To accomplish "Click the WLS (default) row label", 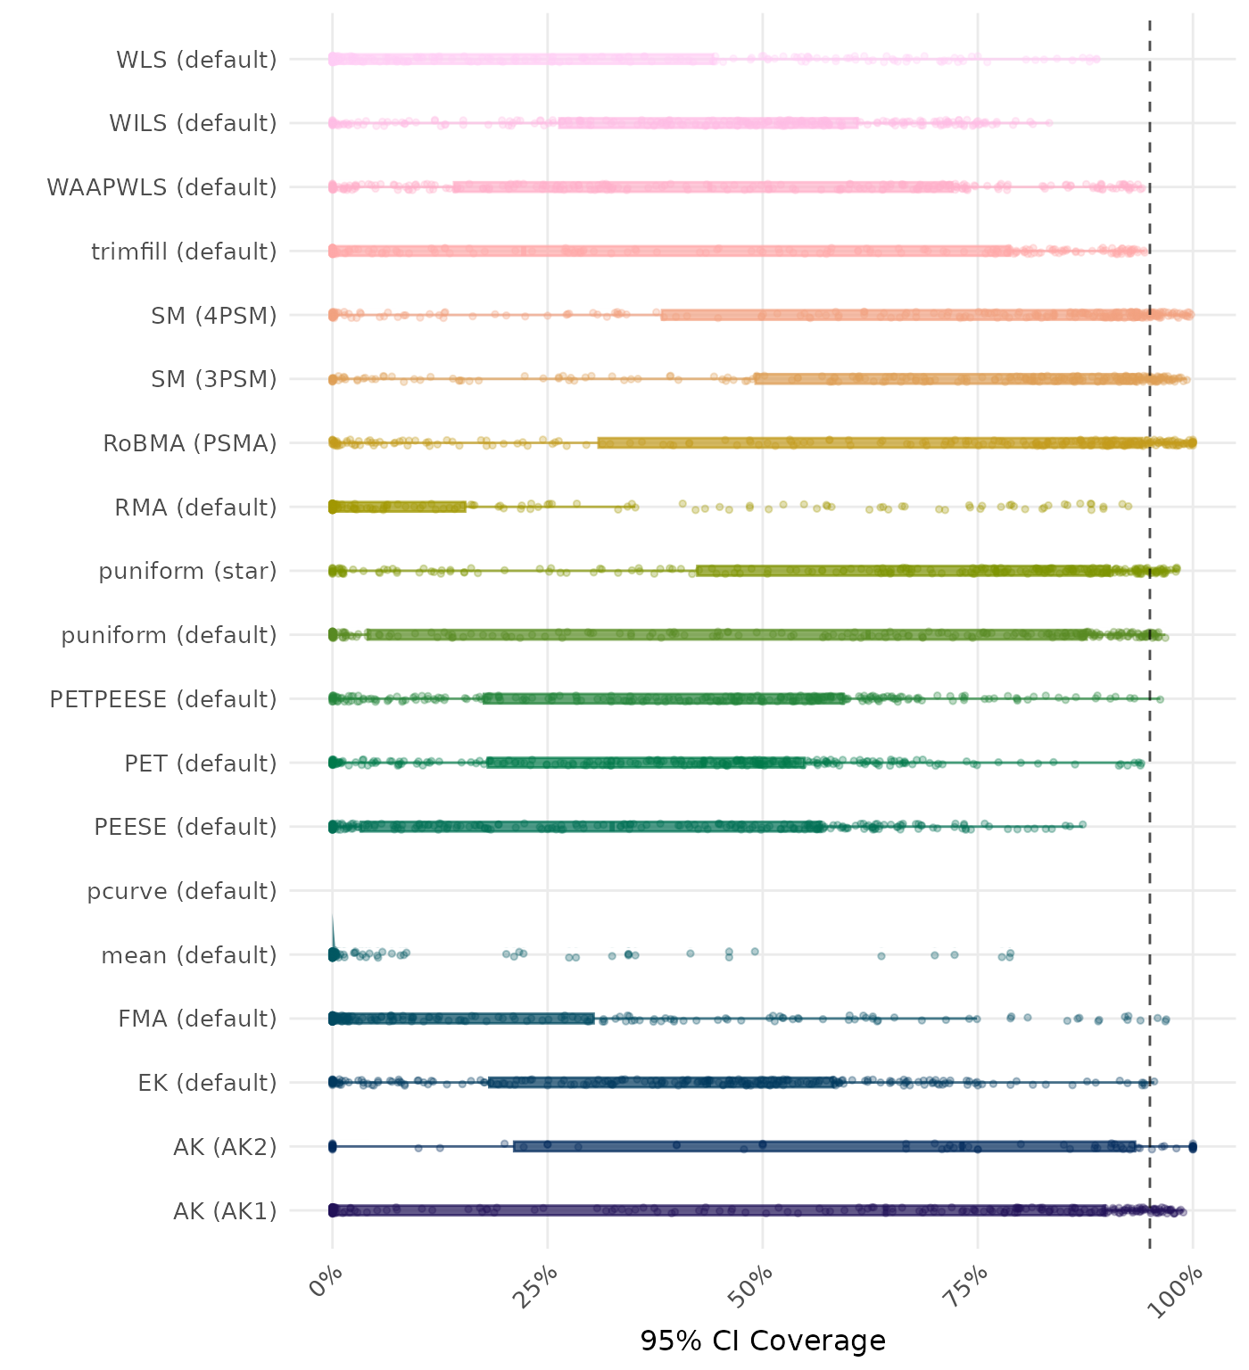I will pyautogui.click(x=196, y=60).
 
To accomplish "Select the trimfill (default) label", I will pyautogui.click(x=184, y=252).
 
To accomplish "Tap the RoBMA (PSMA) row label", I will pyautogui.click(x=190, y=443).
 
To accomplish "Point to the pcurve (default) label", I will pyautogui.click(x=182, y=891).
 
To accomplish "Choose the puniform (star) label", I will pyautogui.click(x=187, y=571).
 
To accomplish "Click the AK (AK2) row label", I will pyautogui.click(x=225, y=1146).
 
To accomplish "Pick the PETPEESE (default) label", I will pyautogui.click(x=163, y=699).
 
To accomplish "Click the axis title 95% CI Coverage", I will pyautogui.click(x=763, y=1341).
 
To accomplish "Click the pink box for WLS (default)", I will pyautogui.click(x=524, y=60).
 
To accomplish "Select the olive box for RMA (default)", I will pyautogui.click(x=399, y=508).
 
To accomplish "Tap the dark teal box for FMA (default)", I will pyautogui.click(x=463, y=1019).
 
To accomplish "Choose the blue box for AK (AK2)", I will pyautogui.click(x=824, y=1146).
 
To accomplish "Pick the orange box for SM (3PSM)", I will pyautogui.click(x=951, y=379).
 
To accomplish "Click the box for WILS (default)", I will pyautogui.click(x=708, y=123).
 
